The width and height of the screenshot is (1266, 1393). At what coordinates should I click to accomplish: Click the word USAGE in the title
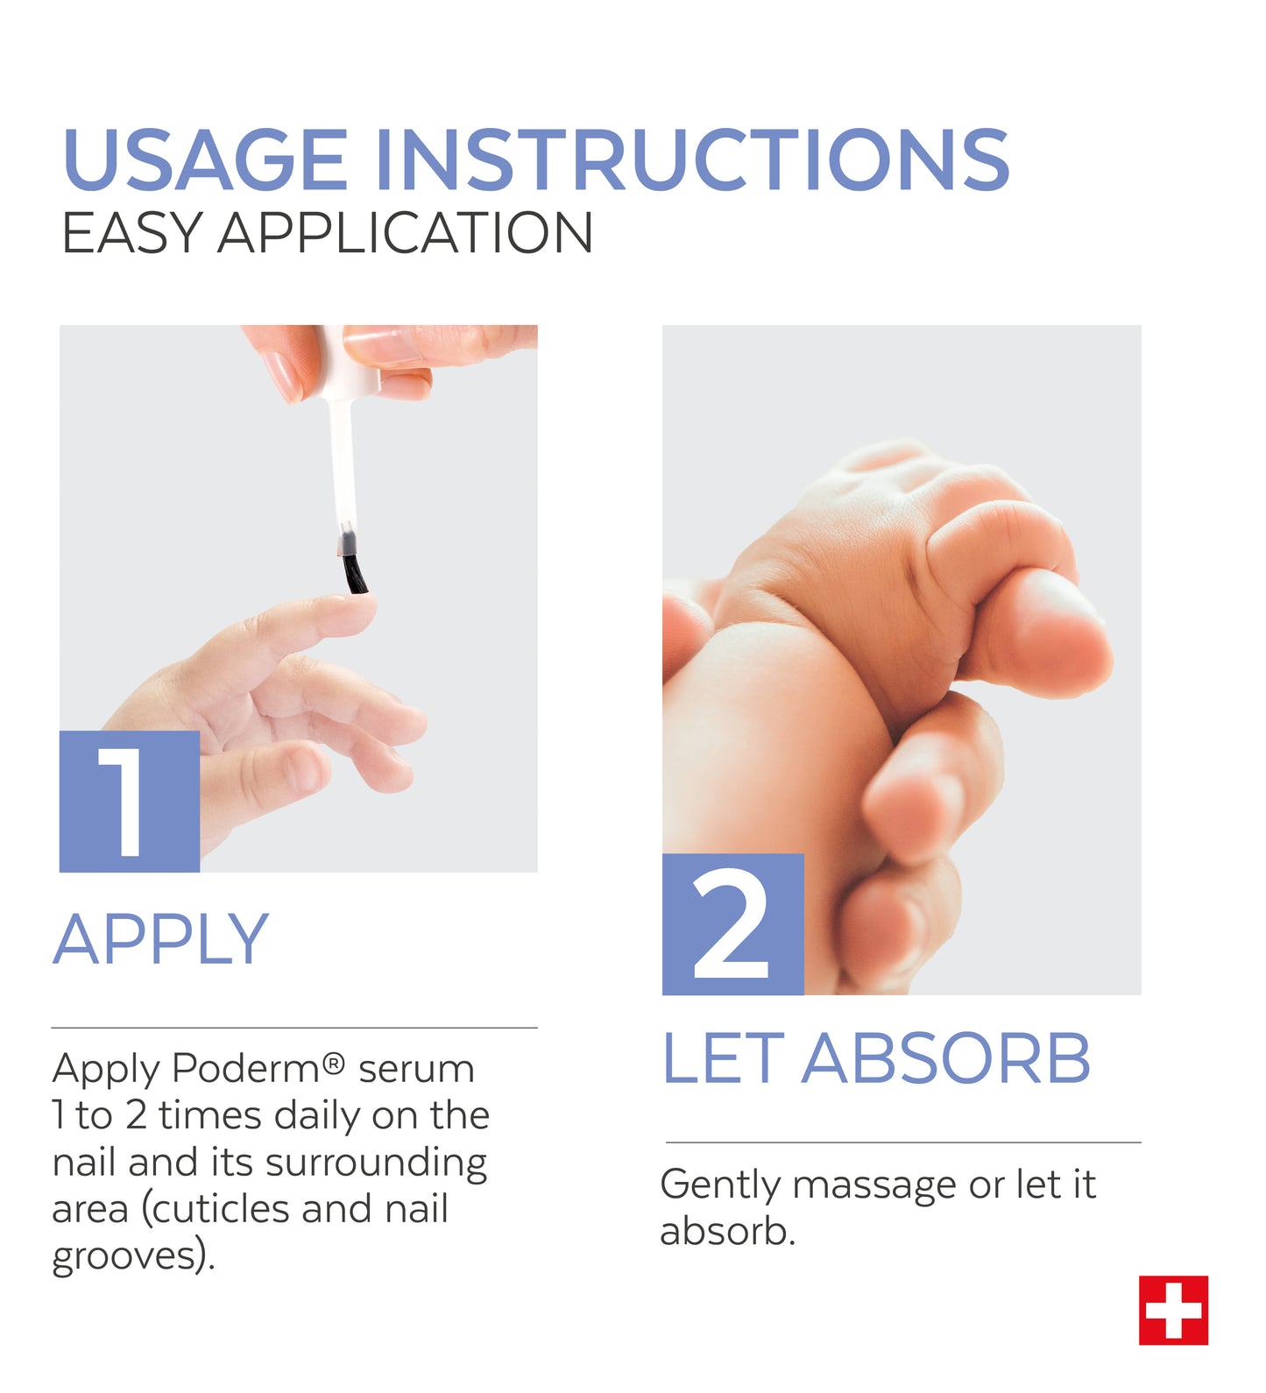point(206,159)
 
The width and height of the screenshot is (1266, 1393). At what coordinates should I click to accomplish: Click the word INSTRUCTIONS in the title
point(693,159)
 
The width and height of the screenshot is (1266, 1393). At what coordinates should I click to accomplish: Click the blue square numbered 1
point(130,802)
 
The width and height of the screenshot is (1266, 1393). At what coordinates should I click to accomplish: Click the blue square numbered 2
point(732,924)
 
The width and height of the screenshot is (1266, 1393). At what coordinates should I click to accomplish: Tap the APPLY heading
point(160,939)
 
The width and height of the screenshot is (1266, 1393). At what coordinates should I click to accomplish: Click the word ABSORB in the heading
point(946,1058)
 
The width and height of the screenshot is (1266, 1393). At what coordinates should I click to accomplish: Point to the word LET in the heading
point(723,1058)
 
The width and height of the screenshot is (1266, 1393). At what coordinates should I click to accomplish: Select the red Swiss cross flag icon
point(1173,1310)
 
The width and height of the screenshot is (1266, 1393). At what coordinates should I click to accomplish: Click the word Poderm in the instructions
point(246,1069)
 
